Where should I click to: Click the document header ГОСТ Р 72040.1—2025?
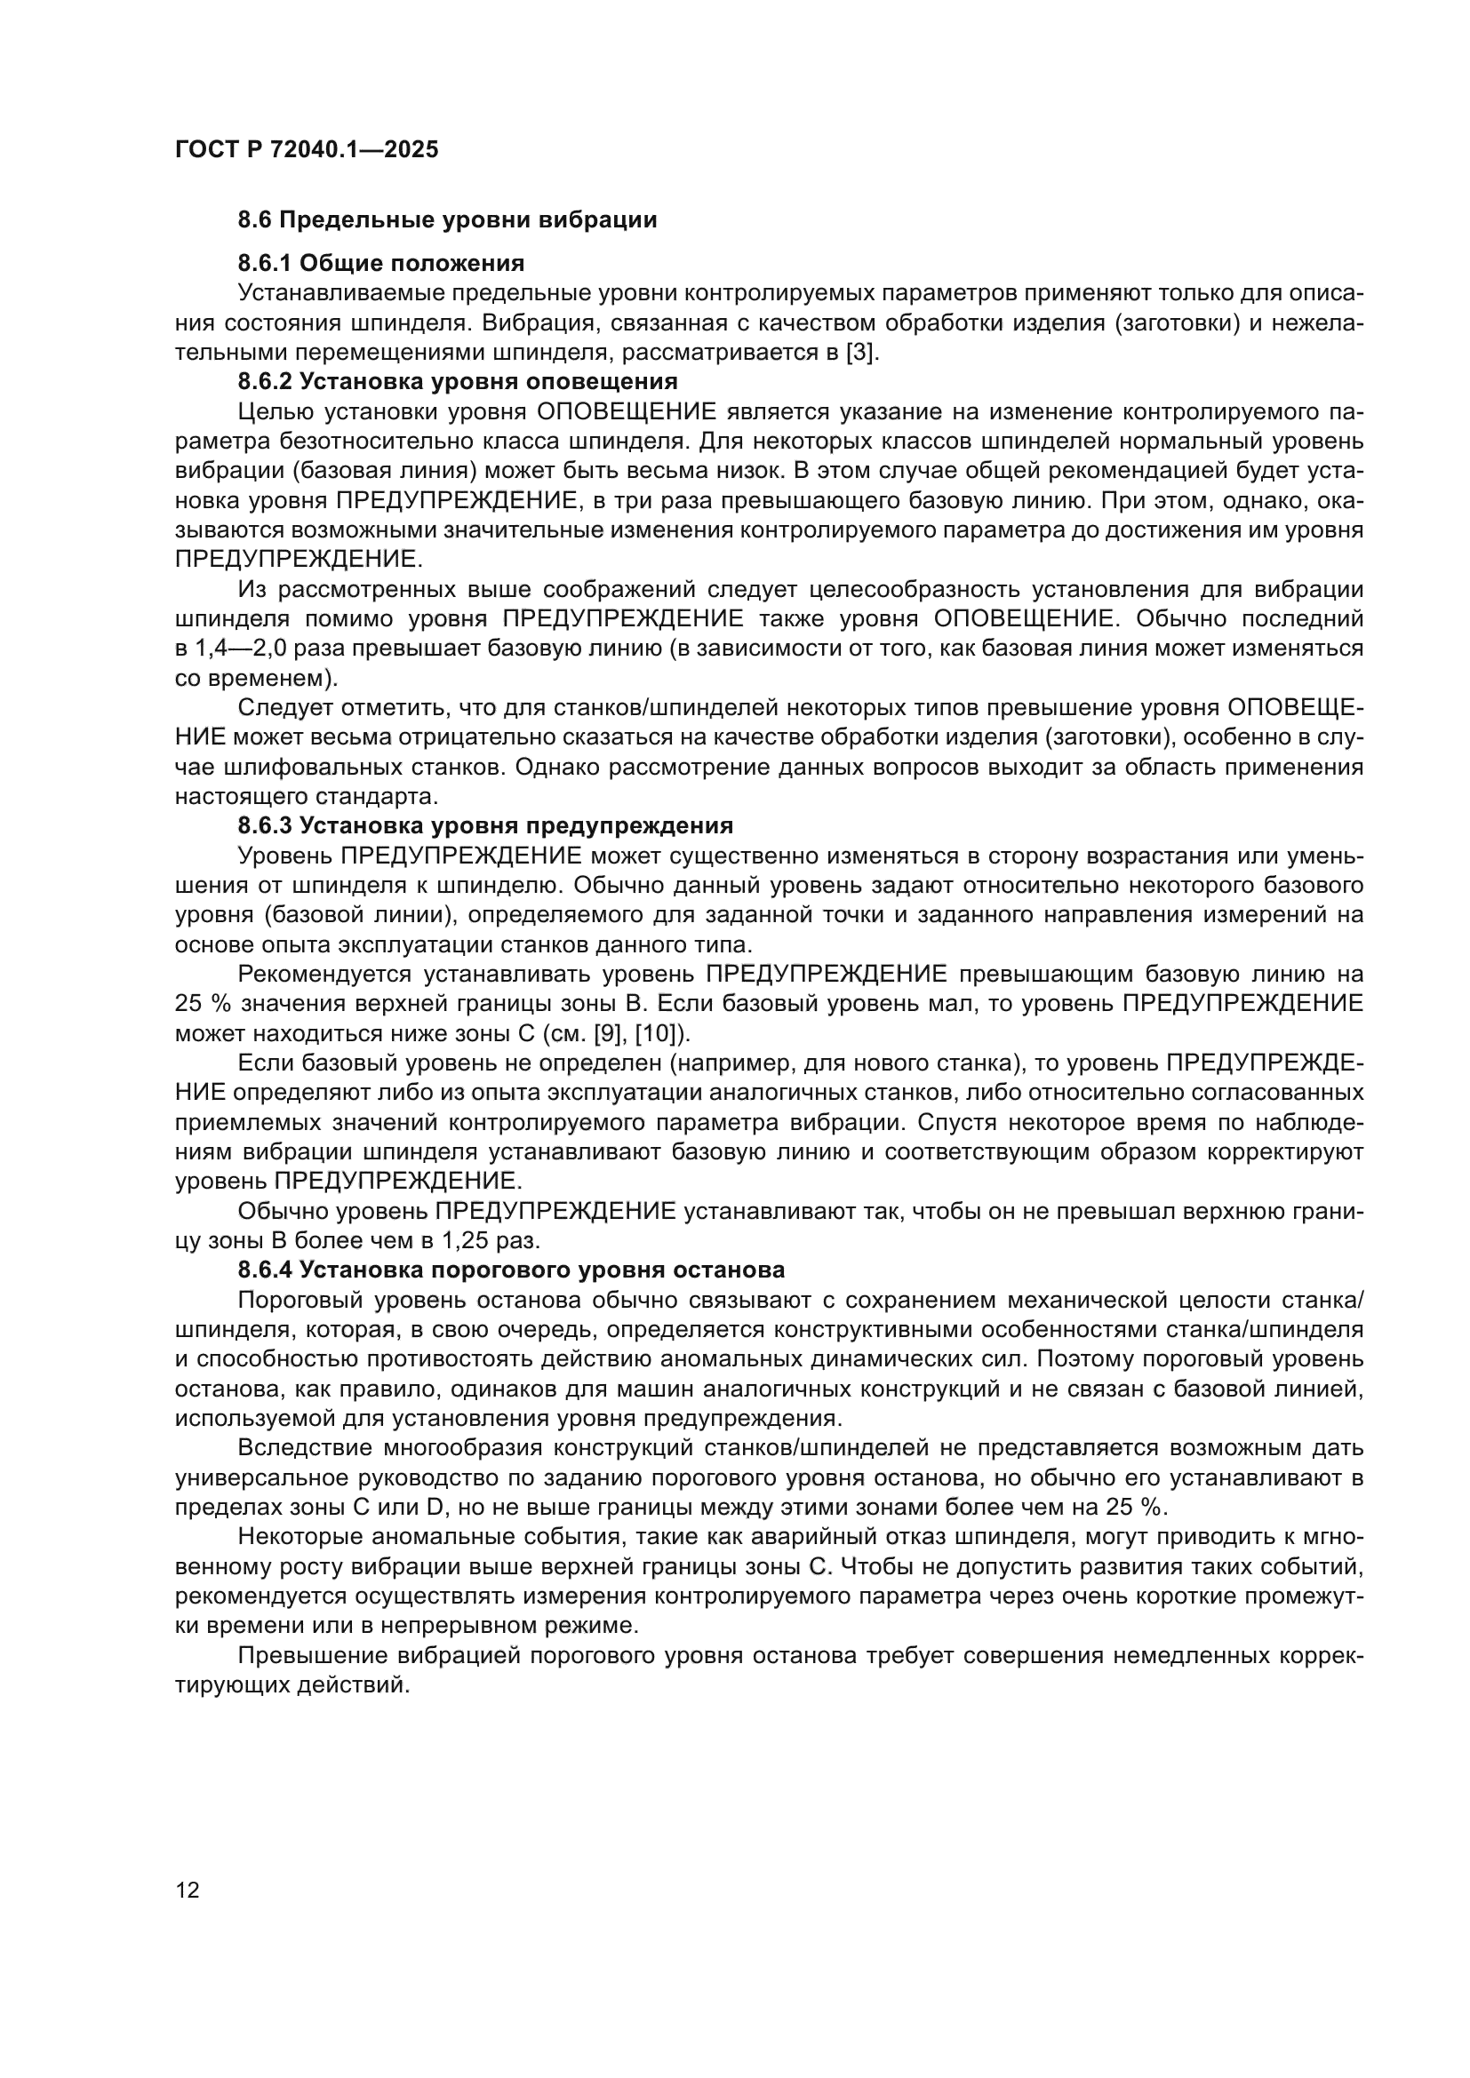coord(306,149)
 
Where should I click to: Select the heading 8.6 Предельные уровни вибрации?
coord(447,220)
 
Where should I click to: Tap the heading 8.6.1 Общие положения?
coord(381,263)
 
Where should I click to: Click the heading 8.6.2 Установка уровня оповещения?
coord(458,381)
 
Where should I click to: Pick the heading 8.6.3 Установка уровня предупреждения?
coord(485,825)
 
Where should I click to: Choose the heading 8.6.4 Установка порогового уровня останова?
coord(511,1270)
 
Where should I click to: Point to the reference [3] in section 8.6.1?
coord(860,352)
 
